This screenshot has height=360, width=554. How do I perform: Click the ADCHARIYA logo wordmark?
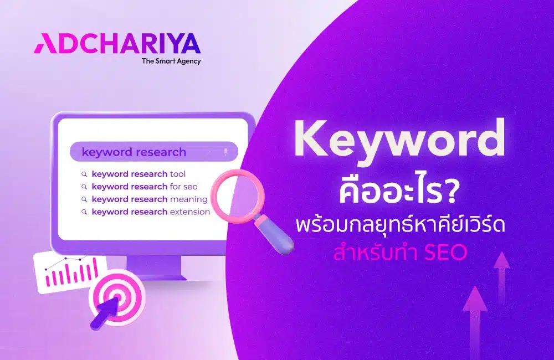117,43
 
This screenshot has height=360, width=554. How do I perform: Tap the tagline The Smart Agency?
171,61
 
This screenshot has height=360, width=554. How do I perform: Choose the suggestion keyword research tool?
138,173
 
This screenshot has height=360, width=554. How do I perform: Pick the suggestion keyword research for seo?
144,187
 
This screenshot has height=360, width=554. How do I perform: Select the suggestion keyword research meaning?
149,199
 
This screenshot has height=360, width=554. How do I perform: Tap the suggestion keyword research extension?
150,212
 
